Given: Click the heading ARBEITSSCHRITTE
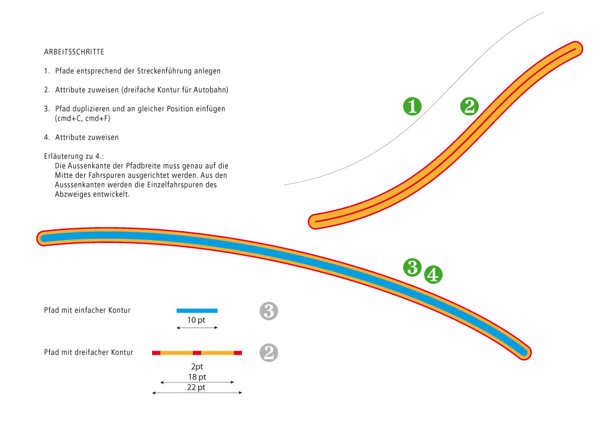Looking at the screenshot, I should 74,52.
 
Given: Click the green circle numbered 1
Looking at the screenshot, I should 412,106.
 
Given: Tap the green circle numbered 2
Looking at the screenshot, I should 469,106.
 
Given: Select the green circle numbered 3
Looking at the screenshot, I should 412,267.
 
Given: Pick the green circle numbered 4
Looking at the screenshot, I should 433,274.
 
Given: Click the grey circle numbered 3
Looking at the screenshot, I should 269,311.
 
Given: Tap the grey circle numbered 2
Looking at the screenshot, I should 269,353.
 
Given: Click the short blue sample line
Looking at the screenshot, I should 197,310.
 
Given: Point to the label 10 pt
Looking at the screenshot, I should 197,320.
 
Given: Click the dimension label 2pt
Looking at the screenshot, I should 197,367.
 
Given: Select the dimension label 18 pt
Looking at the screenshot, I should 197,377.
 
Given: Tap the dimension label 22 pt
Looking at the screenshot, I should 197,387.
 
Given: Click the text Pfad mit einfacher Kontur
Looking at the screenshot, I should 87,310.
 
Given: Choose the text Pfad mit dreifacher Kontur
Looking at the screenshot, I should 88,352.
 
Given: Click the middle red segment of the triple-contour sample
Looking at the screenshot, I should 197,353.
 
